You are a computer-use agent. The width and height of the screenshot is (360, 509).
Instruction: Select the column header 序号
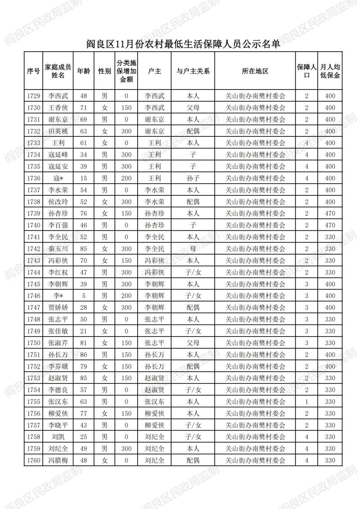33,71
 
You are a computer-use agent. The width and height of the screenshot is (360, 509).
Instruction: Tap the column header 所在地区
255,71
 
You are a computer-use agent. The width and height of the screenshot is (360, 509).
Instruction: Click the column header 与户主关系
193,71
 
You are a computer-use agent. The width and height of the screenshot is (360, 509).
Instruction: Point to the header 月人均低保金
330,71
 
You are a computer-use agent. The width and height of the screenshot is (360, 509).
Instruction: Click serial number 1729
33,96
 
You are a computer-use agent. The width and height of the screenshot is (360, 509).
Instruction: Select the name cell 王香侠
58,108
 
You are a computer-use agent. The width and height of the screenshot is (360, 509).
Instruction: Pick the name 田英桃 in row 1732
58,131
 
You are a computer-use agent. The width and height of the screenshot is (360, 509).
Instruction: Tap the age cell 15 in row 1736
83,178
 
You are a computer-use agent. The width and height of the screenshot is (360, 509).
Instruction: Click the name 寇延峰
58,155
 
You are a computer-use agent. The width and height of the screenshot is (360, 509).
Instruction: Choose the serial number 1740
33,225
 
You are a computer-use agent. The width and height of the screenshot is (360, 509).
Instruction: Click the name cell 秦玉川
58,248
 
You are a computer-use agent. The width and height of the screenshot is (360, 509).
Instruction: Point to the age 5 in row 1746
83,296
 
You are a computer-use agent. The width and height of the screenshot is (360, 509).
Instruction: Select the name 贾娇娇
58,307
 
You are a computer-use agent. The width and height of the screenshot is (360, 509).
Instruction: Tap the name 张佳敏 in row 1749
58,331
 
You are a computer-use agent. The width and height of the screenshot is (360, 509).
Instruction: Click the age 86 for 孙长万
83,355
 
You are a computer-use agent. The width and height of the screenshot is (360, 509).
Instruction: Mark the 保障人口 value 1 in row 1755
306,401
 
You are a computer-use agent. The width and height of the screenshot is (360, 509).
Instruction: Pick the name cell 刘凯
58,437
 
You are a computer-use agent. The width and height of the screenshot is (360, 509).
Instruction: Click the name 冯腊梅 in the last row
58,460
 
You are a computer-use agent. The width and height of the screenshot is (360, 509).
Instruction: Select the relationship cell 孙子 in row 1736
193,178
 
